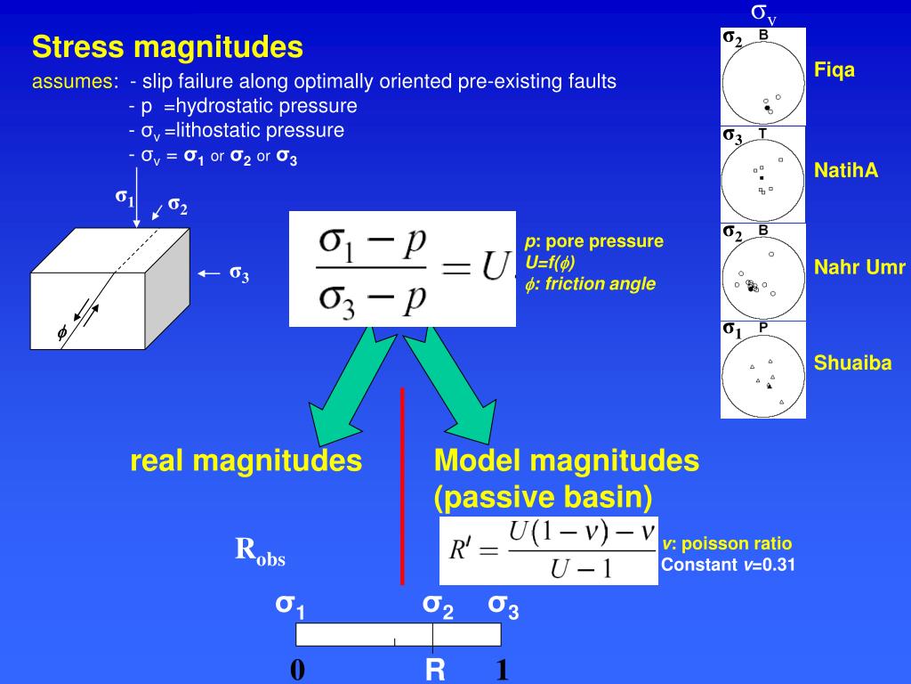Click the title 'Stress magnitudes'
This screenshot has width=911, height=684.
pos(167,46)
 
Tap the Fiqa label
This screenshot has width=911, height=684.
pos(834,70)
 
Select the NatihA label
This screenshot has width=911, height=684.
pos(846,171)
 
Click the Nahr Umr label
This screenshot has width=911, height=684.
pos(859,267)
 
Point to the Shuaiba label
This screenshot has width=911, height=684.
pos(852,363)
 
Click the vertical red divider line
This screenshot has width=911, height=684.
pos(403,485)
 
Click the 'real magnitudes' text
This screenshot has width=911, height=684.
pos(246,461)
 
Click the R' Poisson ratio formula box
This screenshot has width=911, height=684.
pos(549,550)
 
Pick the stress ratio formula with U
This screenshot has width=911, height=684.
pos(402,269)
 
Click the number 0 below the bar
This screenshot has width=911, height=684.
pos(297,670)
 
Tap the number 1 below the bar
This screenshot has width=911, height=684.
pos(502,670)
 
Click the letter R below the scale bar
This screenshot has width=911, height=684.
pos(435,670)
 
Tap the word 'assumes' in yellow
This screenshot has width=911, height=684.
pos(74,82)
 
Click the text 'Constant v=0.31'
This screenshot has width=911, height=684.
pos(728,564)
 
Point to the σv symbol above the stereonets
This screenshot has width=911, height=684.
pos(763,12)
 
